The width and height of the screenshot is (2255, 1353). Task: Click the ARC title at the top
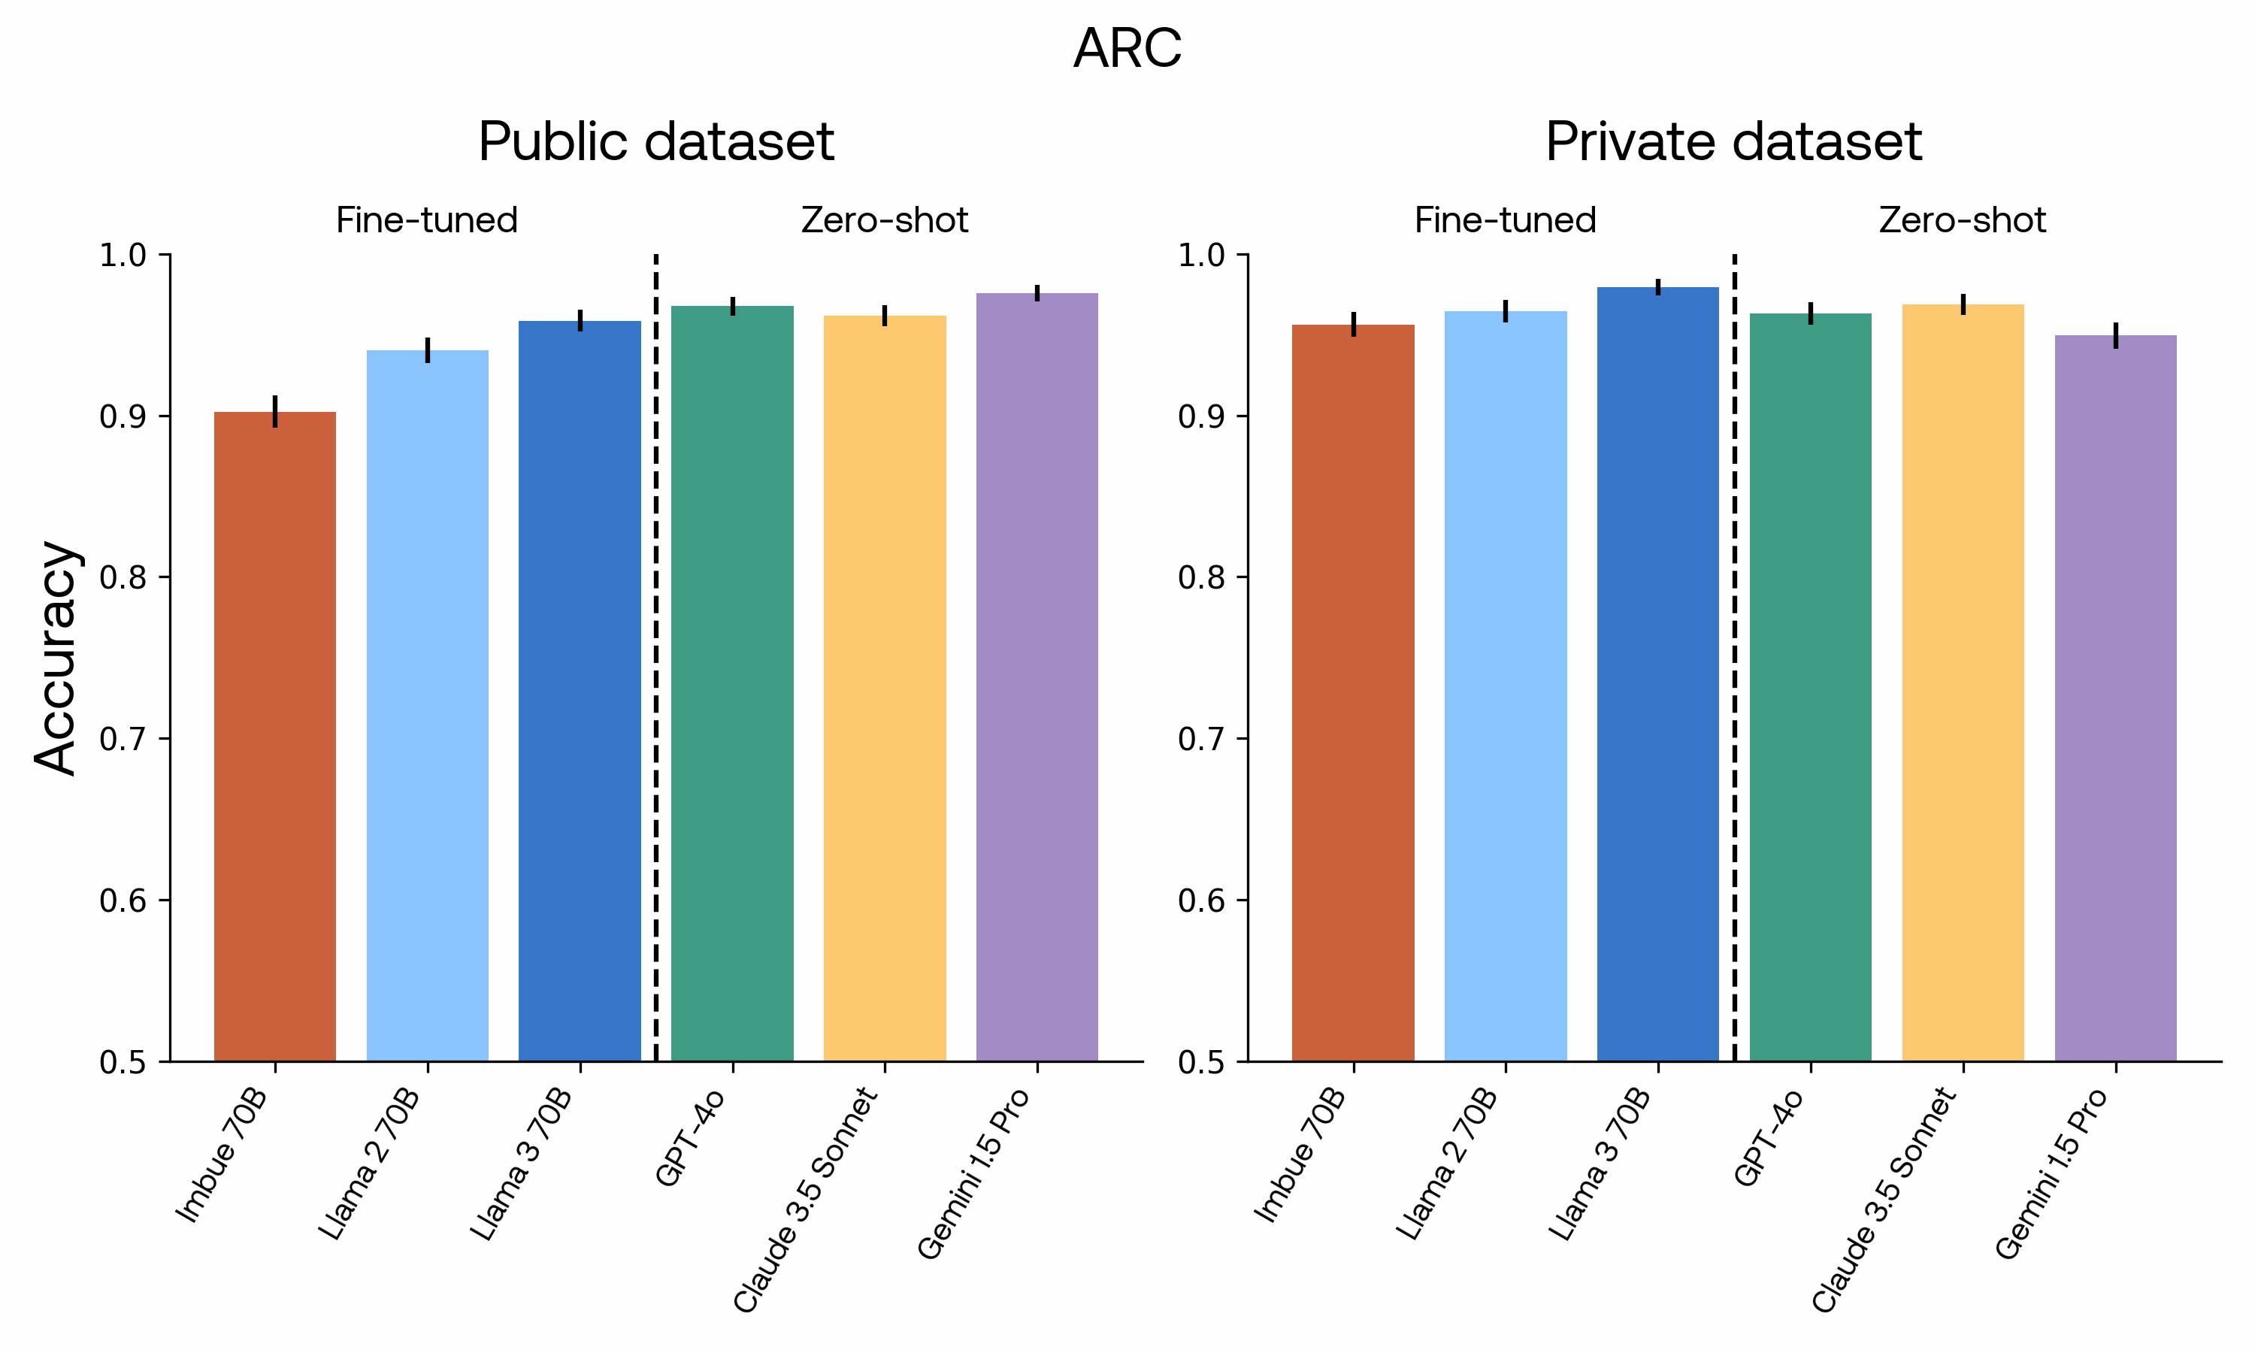(1127, 48)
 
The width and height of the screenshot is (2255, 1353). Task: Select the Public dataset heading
(655, 142)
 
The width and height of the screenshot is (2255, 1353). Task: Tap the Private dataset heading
(1733, 142)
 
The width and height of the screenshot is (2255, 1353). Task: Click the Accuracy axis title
(56, 658)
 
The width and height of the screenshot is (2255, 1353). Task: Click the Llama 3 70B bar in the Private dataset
(1657, 675)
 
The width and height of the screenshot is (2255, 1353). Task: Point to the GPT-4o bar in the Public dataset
(732, 684)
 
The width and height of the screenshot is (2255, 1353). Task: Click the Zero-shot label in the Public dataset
(884, 221)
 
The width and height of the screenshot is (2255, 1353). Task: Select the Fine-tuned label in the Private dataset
(1505, 221)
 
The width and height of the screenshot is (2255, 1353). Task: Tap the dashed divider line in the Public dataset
(655, 656)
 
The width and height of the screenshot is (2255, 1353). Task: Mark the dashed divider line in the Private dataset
(1733, 656)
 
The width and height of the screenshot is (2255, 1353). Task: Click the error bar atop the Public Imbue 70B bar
(274, 411)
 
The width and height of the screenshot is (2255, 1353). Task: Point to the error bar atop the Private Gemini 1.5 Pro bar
(2114, 334)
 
